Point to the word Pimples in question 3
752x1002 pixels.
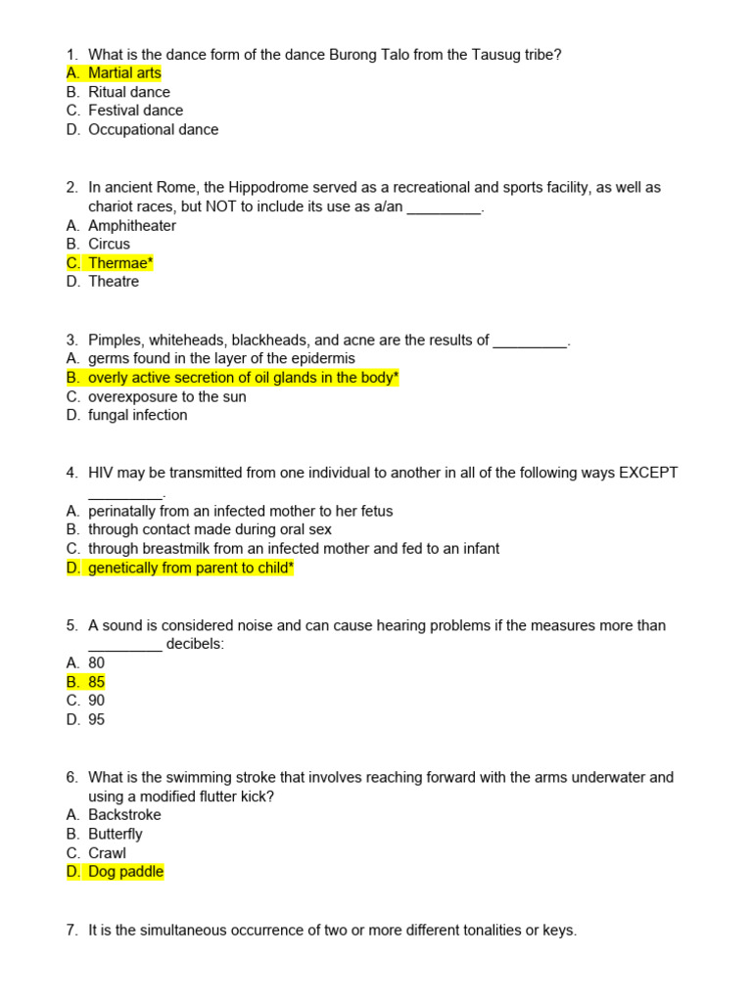point(116,340)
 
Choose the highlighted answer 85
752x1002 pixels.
point(96,682)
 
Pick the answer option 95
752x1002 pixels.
point(96,719)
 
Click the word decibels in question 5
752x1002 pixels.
point(195,644)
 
